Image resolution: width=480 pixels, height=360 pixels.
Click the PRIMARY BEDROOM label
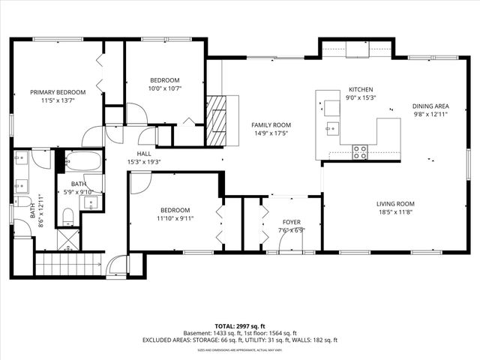pyautogui.click(x=58, y=92)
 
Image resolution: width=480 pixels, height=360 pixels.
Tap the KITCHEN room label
pyautogui.click(x=360, y=89)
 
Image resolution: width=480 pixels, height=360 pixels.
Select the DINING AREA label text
pyautogui.click(x=430, y=106)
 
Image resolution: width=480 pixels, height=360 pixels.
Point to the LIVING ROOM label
pyautogui.click(x=395, y=203)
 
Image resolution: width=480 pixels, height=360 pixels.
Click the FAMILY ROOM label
pyautogui.click(x=271, y=125)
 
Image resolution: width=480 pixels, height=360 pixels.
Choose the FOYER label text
pyautogui.click(x=291, y=222)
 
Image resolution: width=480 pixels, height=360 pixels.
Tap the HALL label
pyautogui.click(x=144, y=153)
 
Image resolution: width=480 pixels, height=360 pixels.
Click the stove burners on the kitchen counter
pyautogui.click(x=360, y=151)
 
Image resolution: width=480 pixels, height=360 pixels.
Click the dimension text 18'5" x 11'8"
pyautogui.click(x=395, y=211)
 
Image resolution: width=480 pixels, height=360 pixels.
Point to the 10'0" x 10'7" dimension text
pyautogui.click(x=164, y=88)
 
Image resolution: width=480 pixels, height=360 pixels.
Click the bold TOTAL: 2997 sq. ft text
pyautogui.click(x=239, y=326)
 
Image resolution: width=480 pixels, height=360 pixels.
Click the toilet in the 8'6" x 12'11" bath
pyautogui.click(x=67, y=217)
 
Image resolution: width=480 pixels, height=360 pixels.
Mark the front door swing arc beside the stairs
pyautogui.click(x=116, y=265)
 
